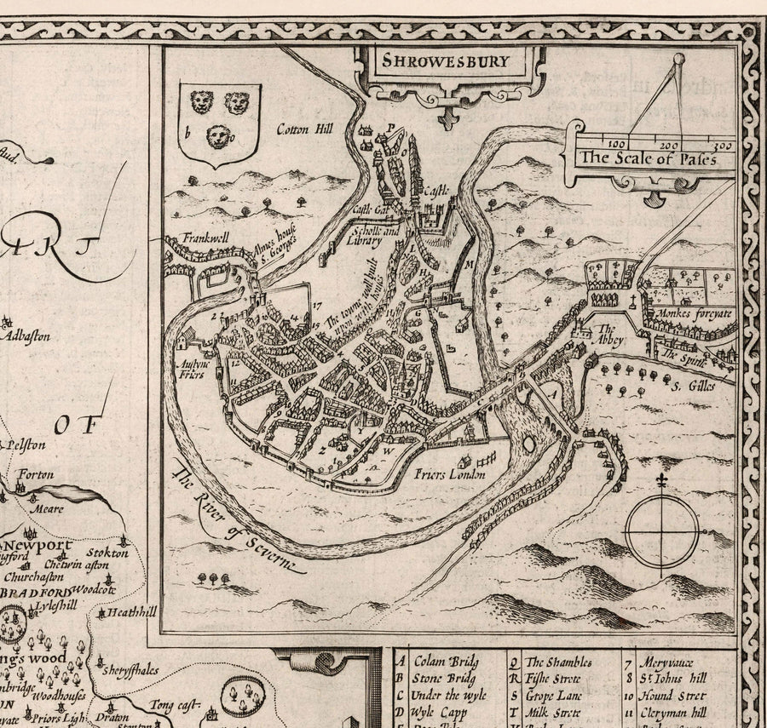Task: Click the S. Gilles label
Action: (x=690, y=388)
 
